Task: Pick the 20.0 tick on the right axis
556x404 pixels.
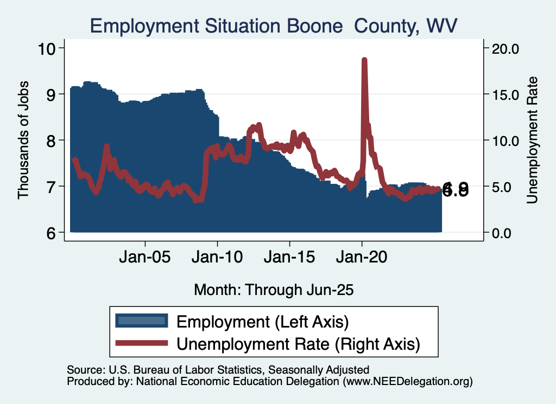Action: pyautogui.click(x=506, y=48)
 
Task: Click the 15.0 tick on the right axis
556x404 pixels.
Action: pyautogui.click(x=506, y=94)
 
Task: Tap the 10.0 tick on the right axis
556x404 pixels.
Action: pyautogui.click(x=506, y=140)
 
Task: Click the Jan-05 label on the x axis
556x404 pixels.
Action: pyautogui.click(x=145, y=256)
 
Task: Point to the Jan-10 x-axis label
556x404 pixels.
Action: pyautogui.click(x=217, y=256)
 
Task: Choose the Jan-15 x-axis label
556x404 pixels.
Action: pyautogui.click(x=289, y=256)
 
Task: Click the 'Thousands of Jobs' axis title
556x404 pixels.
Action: pyautogui.click(x=23, y=140)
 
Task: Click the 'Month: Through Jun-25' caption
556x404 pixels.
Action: pyautogui.click(x=274, y=290)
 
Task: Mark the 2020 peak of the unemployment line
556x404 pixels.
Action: pyautogui.click(x=364, y=60)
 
